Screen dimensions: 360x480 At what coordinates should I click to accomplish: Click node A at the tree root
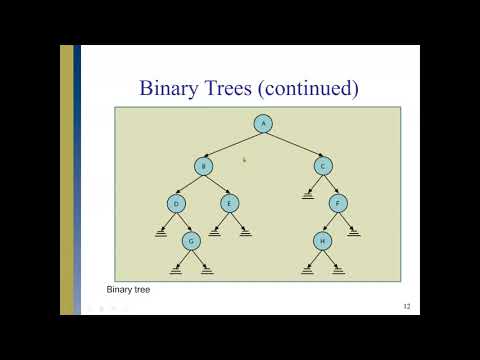click(x=263, y=124)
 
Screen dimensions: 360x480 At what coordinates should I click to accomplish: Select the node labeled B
click(x=204, y=166)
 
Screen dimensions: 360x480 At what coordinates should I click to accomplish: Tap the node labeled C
click(x=322, y=166)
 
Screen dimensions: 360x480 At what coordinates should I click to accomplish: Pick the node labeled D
click(x=177, y=204)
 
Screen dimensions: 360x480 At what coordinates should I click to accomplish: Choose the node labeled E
click(x=229, y=204)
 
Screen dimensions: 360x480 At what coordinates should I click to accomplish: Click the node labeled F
click(x=338, y=204)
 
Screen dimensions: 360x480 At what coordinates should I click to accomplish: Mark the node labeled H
click(x=322, y=241)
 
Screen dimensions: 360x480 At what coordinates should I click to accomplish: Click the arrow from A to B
click(x=233, y=145)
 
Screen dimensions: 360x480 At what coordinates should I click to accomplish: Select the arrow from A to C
click(x=293, y=145)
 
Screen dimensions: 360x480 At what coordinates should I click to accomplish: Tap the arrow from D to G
click(x=184, y=223)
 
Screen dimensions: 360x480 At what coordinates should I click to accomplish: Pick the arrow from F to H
click(x=330, y=223)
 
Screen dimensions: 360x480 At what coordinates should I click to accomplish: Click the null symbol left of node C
click(x=308, y=196)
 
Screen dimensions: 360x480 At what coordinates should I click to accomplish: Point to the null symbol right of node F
click(x=353, y=233)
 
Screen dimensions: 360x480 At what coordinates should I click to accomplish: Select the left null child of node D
click(x=161, y=233)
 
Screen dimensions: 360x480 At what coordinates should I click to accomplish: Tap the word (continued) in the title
click(x=308, y=89)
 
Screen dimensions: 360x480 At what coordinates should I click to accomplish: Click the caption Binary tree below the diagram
click(x=128, y=289)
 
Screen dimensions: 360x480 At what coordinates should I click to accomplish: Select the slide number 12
click(x=406, y=305)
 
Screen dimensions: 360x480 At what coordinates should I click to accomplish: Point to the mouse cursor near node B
click(x=244, y=159)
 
